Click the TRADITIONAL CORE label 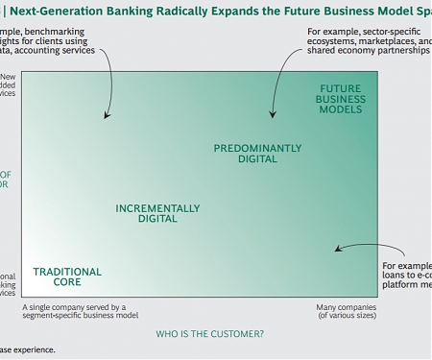[x=67, y=277]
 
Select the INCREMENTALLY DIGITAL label [x=157, y=213]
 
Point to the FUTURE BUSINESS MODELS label [x=341, y=99]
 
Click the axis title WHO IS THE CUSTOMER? [x=210, y=334]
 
